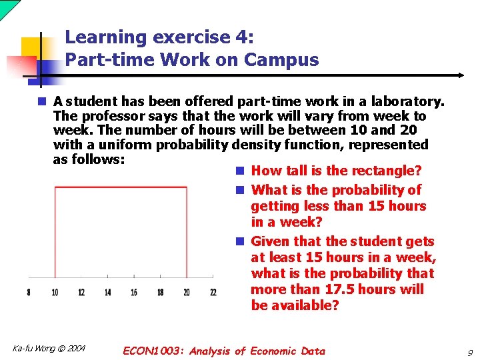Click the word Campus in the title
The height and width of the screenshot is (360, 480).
tap(281, 60)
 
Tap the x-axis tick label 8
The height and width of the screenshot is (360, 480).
tap(28, 292)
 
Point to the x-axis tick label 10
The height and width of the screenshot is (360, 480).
tap(55, 292)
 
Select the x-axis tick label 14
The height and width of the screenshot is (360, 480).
tap(107, 292)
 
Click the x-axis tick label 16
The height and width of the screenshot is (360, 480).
tap(134, 292)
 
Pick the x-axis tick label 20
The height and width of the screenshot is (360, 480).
tap(187, 292)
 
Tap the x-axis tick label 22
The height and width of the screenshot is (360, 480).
tap(213, 292)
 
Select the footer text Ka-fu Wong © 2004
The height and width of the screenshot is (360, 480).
tap(49, 348)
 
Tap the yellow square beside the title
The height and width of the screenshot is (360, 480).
tap(31, 48)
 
